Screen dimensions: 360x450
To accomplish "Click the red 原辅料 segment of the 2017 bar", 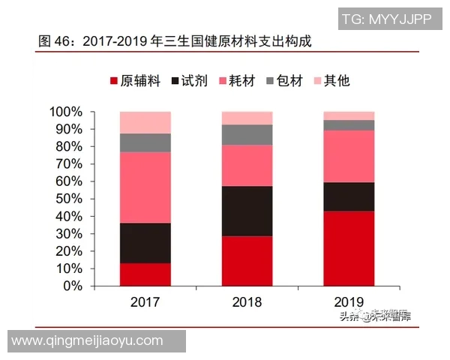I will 145,274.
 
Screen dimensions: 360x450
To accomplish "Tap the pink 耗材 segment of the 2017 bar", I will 145,187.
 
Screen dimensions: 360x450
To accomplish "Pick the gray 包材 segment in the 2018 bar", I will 247,134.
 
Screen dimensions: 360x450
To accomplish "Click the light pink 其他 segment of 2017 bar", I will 145,122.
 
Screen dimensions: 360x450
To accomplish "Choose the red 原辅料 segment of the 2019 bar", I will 349,248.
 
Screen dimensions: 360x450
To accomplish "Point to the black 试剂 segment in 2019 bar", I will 349,196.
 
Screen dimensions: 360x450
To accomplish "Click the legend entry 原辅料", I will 135,80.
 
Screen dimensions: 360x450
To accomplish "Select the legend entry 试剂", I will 192,80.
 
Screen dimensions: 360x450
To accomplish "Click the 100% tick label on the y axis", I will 66,112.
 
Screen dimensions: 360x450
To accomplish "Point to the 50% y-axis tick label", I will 69,199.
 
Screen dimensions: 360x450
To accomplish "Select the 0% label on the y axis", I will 72,286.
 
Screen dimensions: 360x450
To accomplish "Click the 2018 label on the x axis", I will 247,303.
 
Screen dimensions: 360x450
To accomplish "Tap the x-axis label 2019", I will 349,303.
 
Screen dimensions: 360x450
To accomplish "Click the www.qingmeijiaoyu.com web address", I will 88,340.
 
